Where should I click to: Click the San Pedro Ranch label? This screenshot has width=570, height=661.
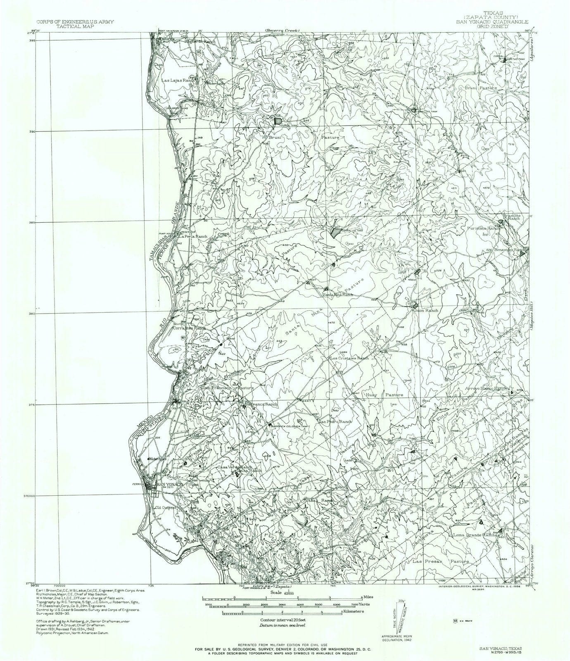335,421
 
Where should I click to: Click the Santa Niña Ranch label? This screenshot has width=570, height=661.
338,295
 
